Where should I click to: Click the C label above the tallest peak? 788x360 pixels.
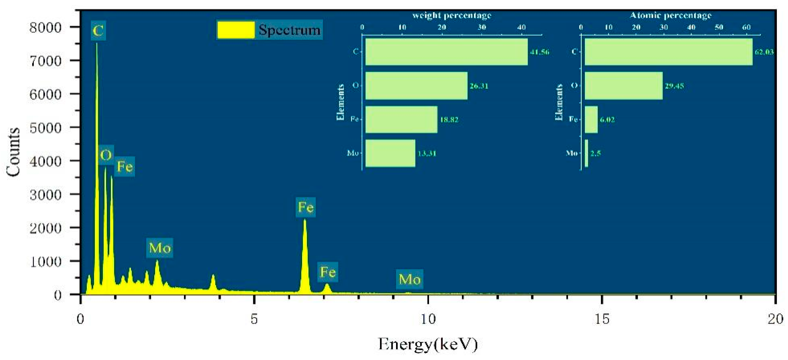pos(98,31)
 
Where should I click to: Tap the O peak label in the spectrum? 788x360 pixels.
pos(106,155)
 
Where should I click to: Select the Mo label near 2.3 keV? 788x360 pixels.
pos(160,248)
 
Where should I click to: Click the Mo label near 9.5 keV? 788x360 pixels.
pos(410,279)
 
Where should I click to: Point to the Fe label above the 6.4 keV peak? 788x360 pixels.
pos(306,207)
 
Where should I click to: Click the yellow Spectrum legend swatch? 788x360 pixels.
pos(236,30)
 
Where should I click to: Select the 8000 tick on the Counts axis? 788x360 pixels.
pos(46,28)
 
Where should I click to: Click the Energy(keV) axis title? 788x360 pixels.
pos(428,344)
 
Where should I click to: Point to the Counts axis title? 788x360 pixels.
pos(13,152)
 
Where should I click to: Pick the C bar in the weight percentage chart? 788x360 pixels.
pos(446,52)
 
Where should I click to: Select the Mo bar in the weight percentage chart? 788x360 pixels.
pos(390,153)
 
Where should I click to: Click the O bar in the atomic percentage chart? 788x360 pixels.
pos(623,86)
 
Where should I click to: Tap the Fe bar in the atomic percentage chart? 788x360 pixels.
pos(591,120)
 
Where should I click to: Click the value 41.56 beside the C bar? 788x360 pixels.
pos(540,52)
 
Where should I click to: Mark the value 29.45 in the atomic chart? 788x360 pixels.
pos(674,86)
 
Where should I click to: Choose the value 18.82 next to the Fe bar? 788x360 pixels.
pos(449,120)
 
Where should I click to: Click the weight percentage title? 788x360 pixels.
pos(451,15)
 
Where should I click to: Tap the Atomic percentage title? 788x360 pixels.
pos(671,15)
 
